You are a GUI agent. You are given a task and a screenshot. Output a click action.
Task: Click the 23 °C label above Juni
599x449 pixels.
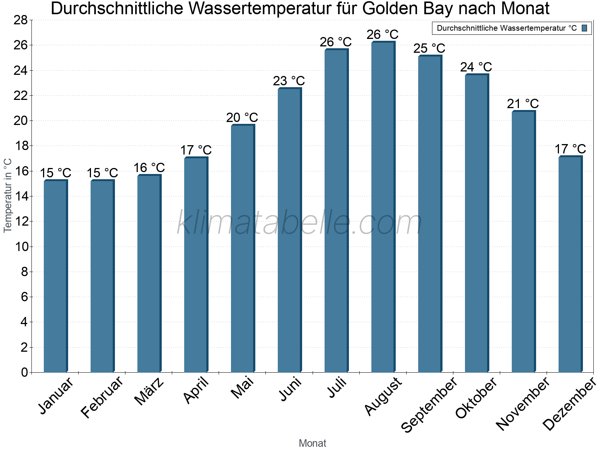pyautogui.click(x=289, y=81)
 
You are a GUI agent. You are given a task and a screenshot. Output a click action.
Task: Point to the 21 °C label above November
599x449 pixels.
pyautogui.click(x=523, y=104)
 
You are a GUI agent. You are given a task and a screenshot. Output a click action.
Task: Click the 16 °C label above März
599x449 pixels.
pyautogui.click(x=149, y=168)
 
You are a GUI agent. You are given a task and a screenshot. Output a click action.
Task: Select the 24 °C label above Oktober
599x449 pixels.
pyautogui.click(x=476, y=67)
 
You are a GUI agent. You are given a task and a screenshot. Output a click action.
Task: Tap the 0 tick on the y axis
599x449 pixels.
pyautogui.click(x=25, y=372)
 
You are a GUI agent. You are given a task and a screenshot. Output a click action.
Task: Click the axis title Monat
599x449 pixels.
pyautogui.click(x=313, y=443)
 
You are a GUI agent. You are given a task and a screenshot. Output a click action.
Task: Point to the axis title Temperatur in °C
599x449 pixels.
pyautogui.click(x=8, y=195)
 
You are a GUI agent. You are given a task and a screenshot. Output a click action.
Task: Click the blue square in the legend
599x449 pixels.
pyautogui.click(x=584, y=28)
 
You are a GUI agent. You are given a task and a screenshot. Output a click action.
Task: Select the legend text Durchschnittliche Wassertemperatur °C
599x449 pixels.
pyautogui.click(x=507, y=28)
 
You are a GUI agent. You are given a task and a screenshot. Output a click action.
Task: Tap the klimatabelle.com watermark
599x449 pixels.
pyautogui.click(x=299, y=223)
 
